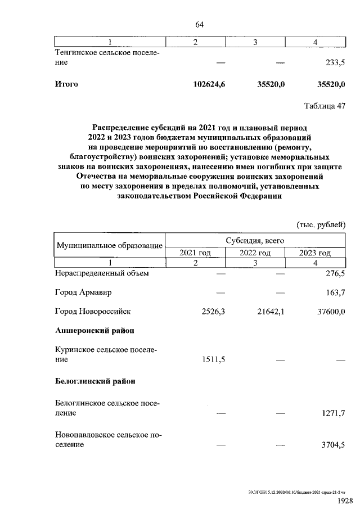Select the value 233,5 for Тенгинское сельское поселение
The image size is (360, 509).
(x=331, y=64)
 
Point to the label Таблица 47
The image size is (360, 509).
(x=324, y=106)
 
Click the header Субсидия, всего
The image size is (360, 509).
(x=255, y=240)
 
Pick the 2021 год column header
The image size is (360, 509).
(x=195, y=253)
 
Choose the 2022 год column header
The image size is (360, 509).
(x=255, y=253)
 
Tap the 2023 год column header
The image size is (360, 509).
(x=315, y=253)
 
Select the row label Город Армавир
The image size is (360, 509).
(x=83, y=292)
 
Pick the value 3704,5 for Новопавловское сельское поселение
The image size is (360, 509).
(x=331, y=444)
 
